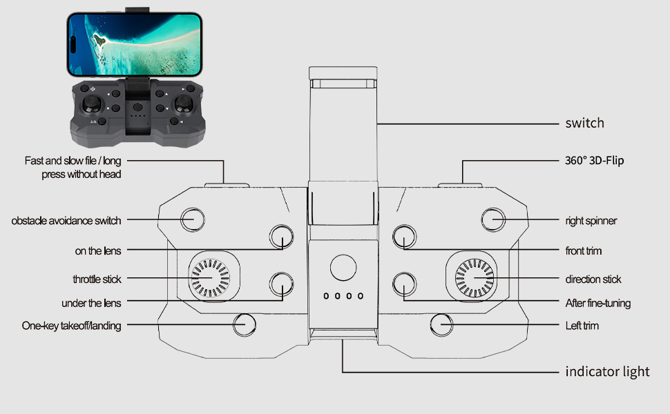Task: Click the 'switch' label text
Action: click(584, 124)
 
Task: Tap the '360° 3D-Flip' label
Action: click(595, 161)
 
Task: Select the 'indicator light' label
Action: click(607, 372)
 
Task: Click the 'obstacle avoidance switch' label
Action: click(66, 221)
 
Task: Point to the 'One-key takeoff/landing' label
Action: click(71, 326)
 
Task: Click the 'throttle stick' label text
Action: click(97, 279)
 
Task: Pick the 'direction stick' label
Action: click(593, 279)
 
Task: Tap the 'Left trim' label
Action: click(582, 326)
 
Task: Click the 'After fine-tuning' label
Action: click(597, 303)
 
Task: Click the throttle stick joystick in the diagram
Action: click(210, 278)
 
